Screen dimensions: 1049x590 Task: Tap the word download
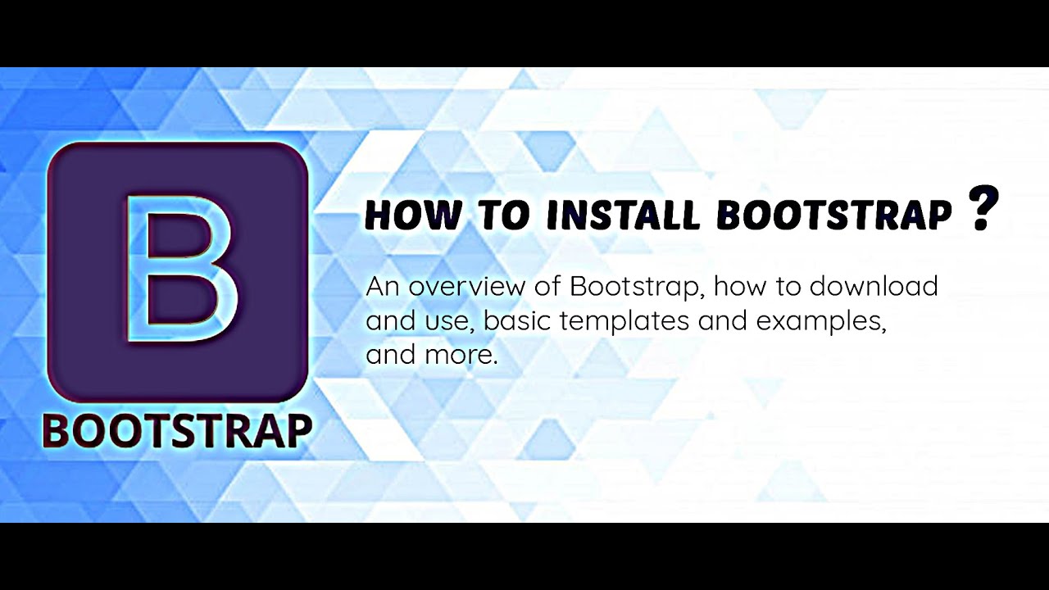tap(874, 287)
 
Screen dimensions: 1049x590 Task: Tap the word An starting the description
tap(382, 287)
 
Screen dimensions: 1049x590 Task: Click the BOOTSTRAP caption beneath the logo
tap(178, 431)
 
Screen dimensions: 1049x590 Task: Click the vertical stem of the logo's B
tap(138, 268)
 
